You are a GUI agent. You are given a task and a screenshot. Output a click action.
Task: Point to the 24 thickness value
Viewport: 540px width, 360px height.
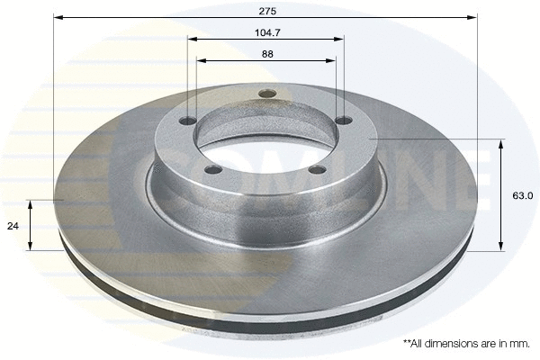(13, 226)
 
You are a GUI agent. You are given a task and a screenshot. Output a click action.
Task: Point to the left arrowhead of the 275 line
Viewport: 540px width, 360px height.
(58, 17)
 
